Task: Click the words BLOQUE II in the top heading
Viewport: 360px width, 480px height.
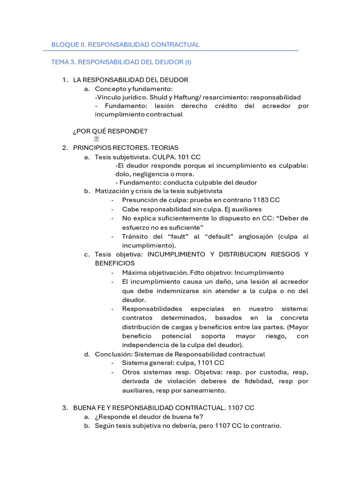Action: coord(68,45)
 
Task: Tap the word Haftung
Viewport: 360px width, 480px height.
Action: coord(185,97)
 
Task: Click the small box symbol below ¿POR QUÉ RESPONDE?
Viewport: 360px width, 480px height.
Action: coord(97,139)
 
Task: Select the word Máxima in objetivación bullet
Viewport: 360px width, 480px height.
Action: coord(135,272)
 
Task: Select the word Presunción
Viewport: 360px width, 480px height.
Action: coord(140,200)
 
